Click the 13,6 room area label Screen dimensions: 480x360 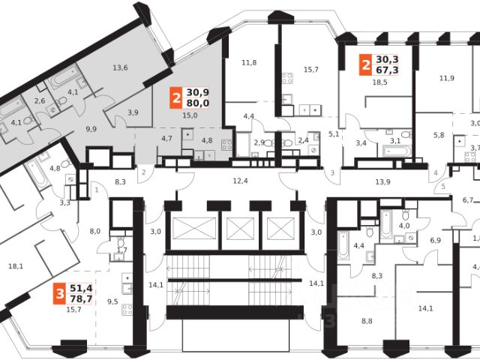[120, 68]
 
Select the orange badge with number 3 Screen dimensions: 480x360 [57, 293]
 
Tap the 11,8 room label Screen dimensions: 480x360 [248, 62]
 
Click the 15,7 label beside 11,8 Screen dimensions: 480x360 [312, 70]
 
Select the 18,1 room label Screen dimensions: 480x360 [15, 265]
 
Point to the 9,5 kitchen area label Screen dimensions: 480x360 [112, 302]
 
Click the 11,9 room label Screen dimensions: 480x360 [447, 77]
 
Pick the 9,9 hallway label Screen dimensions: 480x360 [91, 129]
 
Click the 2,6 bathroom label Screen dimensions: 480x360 [40, 100]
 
